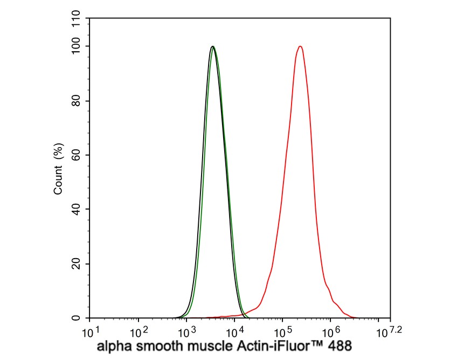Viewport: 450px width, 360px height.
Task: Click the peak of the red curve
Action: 300,46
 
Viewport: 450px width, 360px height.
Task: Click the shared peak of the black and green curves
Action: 213,46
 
